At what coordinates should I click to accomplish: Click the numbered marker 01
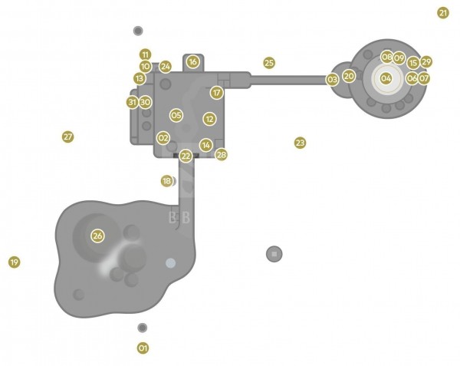pyautogui.click(x=143, y=348)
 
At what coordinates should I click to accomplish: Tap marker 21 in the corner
pyautogui.click(x=443, y=13)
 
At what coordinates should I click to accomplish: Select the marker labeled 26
pyautogui.click(x=97, y=236)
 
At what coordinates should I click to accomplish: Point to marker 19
pyautogui.click(x=14, y=262)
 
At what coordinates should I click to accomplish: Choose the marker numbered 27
pyautogui.click(x=67, y=137)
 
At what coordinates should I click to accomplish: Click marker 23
pyautogui.click(x=300, y=143)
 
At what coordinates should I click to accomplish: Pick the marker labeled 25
pyautogui.click(x=269, y=63)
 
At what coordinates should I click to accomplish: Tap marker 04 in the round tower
pyautogui.click(x=386, y=78)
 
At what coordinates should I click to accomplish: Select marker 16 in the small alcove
pyautogui.click(x=192, y=62)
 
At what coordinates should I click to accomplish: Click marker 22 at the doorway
pyautogui.click(x=186, y=156)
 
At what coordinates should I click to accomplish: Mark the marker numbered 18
pyautogui.click(x=167, y=181)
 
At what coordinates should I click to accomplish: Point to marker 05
pyautogui.click(x=176, y=115)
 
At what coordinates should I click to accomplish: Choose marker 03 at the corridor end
pyautogui.click(x=333, y=79)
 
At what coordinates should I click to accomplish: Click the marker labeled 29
pyautogui.click(x=426, y=62)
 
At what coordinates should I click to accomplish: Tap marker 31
pyautogui.click(x=133, y=102)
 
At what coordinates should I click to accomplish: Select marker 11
pyautogui.click(x=145, y=54)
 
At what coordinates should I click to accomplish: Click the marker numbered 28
pyautogui.click(x=222, y=155)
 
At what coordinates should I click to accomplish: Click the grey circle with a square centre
pyautogui.click(x=274, y=254)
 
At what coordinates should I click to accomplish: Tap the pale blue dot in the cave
pyautogui.click(x=171, y=263)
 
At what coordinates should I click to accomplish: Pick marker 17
pyautogui.click(x=216, y=93)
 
